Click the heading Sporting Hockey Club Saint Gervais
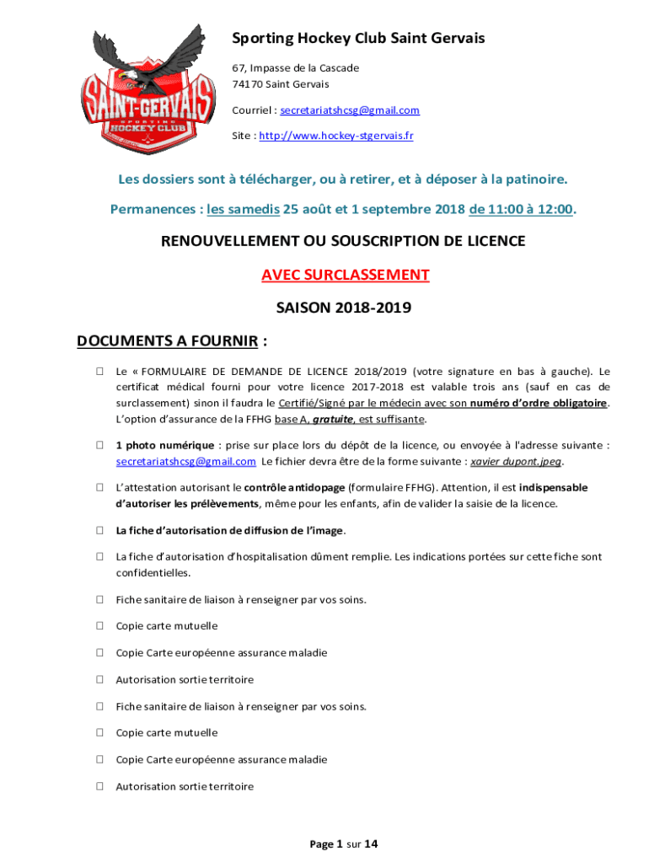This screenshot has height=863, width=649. click(x=358, y=39)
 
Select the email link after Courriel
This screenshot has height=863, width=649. click(x=350, y=110)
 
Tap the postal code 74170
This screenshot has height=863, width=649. click(x=247, y=84)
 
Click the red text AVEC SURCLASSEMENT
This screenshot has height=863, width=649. click(x=345, y=275)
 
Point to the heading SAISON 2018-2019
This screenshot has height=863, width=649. click(x=343, y=308)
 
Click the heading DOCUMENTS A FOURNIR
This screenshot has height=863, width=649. click(x=167, y=341)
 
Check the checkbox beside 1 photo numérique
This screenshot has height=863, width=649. click(x=99, y=445)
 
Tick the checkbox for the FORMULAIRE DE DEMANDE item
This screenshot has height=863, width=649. click(x=99, y=371)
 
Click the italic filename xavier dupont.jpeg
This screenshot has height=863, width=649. click(x=516, y=462)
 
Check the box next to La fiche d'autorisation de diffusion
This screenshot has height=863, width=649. click(x=99, y=531)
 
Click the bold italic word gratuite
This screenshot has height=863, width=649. click(x=330, y=420)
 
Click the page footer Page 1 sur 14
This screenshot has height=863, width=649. click(x=344, y=844)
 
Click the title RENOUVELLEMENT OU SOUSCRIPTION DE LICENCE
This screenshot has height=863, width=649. click(x=343, y=241)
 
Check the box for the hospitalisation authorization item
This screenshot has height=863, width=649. click(x=99, y=557)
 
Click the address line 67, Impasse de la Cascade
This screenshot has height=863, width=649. click(x=284, y=67)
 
